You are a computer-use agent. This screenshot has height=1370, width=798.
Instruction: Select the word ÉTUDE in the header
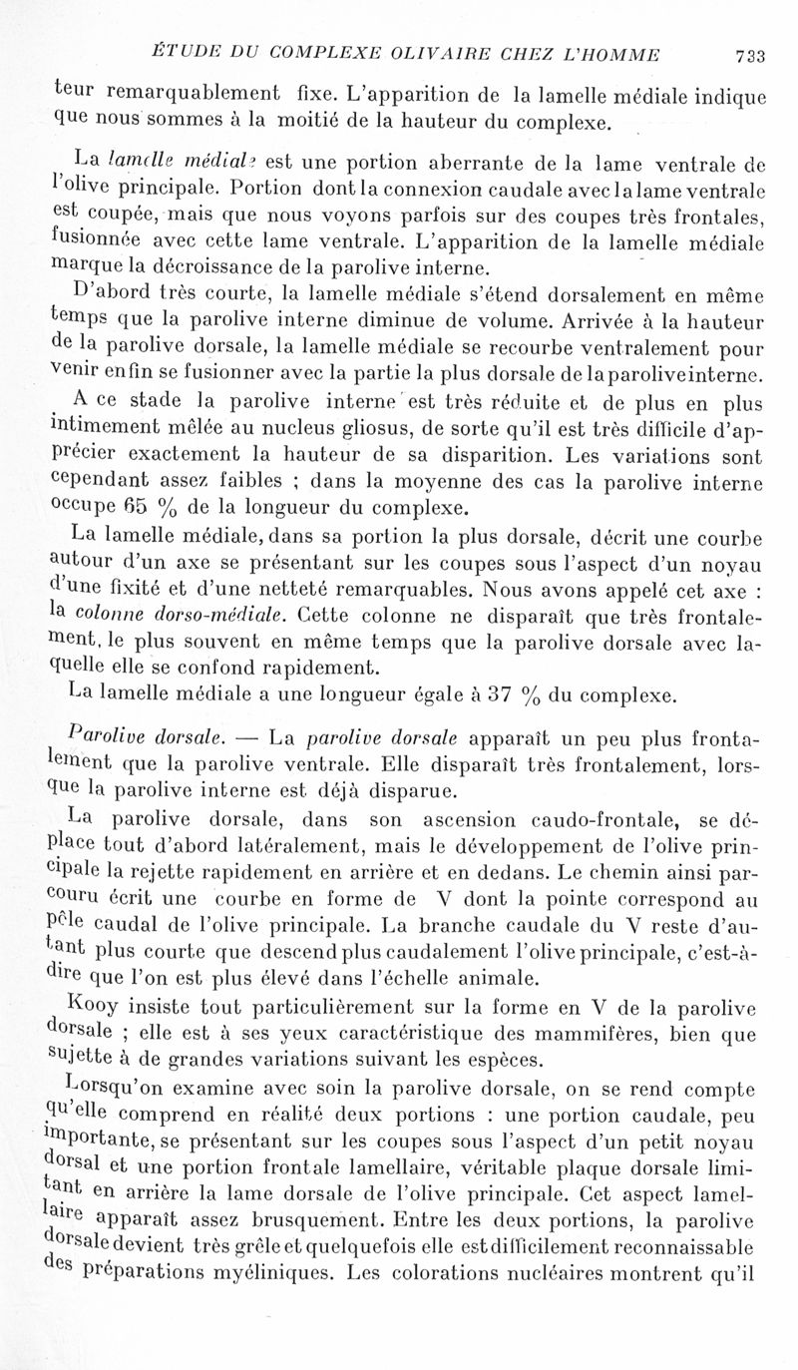click(180, 52)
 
